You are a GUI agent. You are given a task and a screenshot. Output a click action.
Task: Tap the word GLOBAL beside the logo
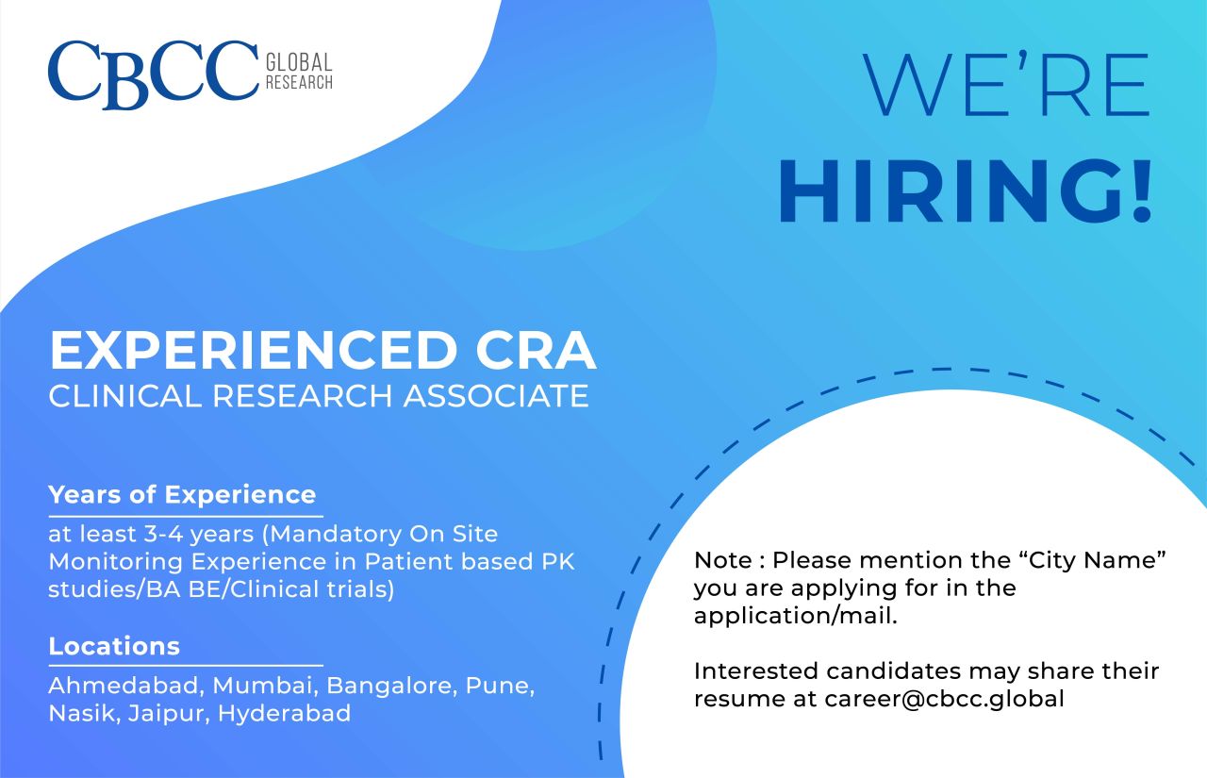point(299,63)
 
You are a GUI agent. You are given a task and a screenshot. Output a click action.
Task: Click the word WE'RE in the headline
point(1006,88)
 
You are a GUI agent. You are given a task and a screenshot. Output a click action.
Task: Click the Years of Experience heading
point(182,494)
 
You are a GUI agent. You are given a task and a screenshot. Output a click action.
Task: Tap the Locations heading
point(114,646)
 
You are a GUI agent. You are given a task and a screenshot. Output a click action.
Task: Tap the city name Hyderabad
point(284,713)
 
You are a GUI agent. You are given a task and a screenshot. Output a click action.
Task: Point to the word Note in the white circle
point(723,560)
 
